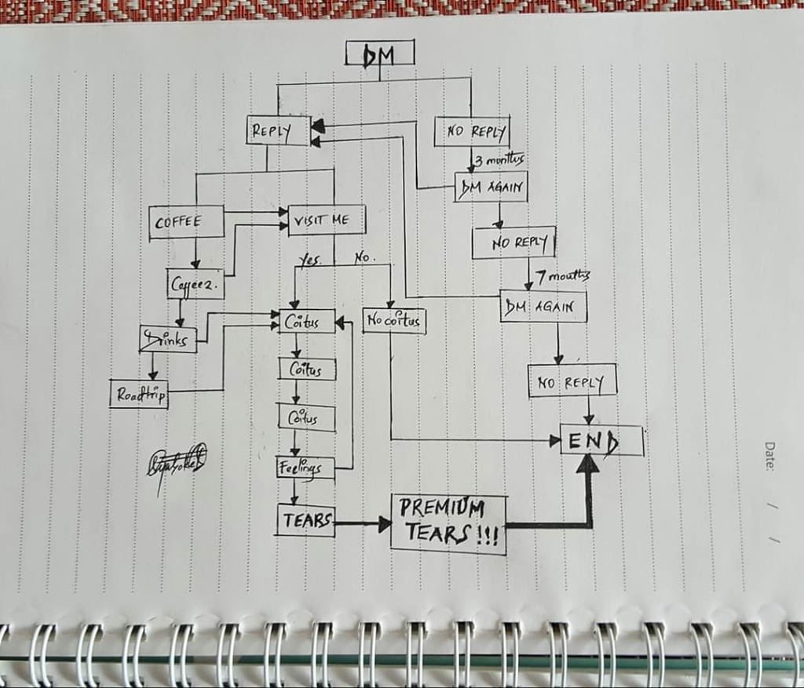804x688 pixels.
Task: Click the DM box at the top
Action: click(x=379, y=53)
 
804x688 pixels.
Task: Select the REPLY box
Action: click(x=270, y=131)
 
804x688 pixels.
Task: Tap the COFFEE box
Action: click(x=185, y=221)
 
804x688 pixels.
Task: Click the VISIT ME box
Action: click(x=327, y=220)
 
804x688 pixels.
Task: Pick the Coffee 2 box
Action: click(x=196, y=285)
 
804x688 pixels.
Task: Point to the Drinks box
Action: click(x=168, y=339)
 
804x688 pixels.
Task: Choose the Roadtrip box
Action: click(x=139, y=394)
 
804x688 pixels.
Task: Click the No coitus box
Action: click(x=394, y=320)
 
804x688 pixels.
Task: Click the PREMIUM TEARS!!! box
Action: click(x=448, y=523)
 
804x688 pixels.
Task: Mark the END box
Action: click(x=601, y=440)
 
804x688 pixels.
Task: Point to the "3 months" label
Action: click(x=499, y=161)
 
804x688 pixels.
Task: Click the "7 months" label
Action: click(x=562, y=276)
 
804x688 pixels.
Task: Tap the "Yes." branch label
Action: click(x=309, y=260)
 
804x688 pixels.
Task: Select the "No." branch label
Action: click(x=364, y=257)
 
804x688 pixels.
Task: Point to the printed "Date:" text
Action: click(x=769, y=456)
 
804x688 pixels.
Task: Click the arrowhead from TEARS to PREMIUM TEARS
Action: click(x=384, y=523)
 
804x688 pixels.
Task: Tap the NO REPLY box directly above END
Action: click(x=572, y=382)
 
